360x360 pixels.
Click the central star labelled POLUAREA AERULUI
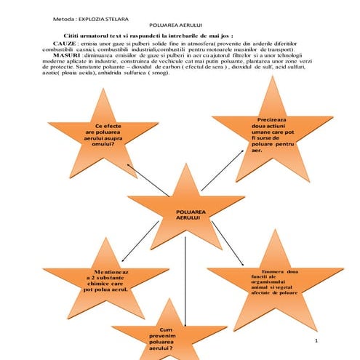coord(188,214)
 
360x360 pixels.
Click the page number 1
coord(317,340)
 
